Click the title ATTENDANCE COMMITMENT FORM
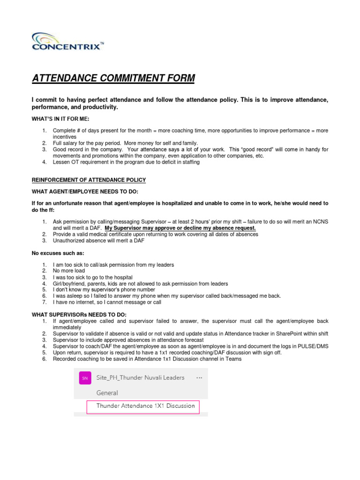click(113, 78)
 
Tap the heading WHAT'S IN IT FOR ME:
click(60, 119)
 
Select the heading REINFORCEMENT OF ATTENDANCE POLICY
click(89, 180)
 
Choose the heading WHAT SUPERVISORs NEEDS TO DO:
click(80, 314)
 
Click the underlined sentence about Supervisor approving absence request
click(180, 228)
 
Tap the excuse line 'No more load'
click(68, 271)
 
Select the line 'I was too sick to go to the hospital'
click(92, 277)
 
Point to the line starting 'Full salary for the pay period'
click(125, 143)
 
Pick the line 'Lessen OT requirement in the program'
click(126, 162)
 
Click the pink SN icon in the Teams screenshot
click(85, 377)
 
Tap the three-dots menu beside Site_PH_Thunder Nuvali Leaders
click(199, 377)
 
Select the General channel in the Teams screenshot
click(107, 393)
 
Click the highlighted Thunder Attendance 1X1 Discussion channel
click(145, 406)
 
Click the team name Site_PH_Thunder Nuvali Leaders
click(140, 377)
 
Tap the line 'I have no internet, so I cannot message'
click(107, 302)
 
